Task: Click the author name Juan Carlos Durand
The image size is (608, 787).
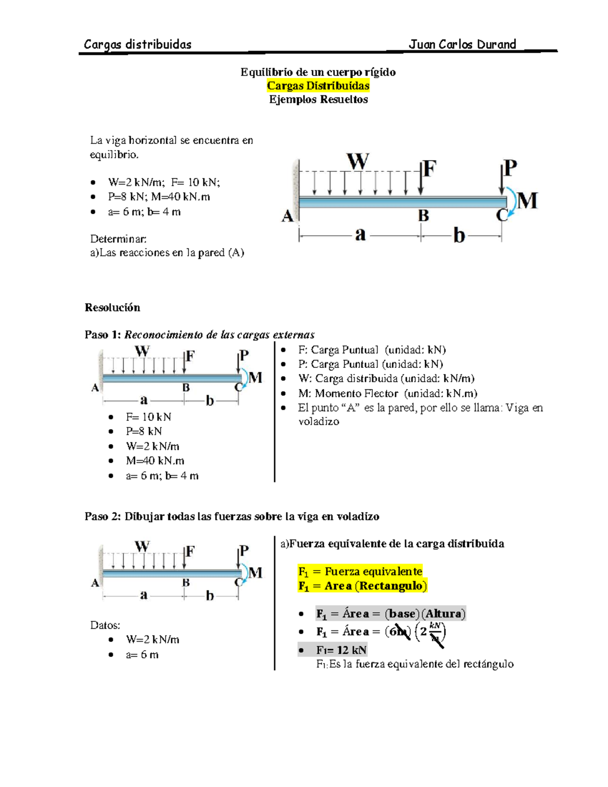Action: pos(462,45)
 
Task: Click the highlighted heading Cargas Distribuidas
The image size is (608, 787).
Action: pos(318,86)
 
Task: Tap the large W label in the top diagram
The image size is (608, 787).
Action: pos(358,162)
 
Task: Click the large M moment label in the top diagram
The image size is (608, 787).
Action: pos(527,201)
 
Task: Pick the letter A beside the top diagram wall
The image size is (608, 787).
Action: pos(287,216)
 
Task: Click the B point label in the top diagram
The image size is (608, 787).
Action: pos(423,216)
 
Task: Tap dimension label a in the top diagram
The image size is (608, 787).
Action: pos(360,235)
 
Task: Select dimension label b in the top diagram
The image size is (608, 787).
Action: pos(459,236)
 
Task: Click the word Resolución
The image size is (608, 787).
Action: pos(112,308)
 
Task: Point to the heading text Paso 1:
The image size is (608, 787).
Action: pos(103,335)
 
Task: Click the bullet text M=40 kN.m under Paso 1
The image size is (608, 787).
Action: pos(155,461)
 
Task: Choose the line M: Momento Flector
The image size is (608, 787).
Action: pos(388,393)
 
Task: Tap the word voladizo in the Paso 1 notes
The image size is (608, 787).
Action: pos(319,422)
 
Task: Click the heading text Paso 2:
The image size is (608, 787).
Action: pos(103,516)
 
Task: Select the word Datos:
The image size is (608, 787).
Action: pos(105,625)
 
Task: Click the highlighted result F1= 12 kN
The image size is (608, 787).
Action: pos(341,650)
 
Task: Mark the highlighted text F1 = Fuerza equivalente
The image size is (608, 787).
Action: pos(360,571)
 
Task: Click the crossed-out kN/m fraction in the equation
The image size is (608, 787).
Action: pos(435,632)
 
